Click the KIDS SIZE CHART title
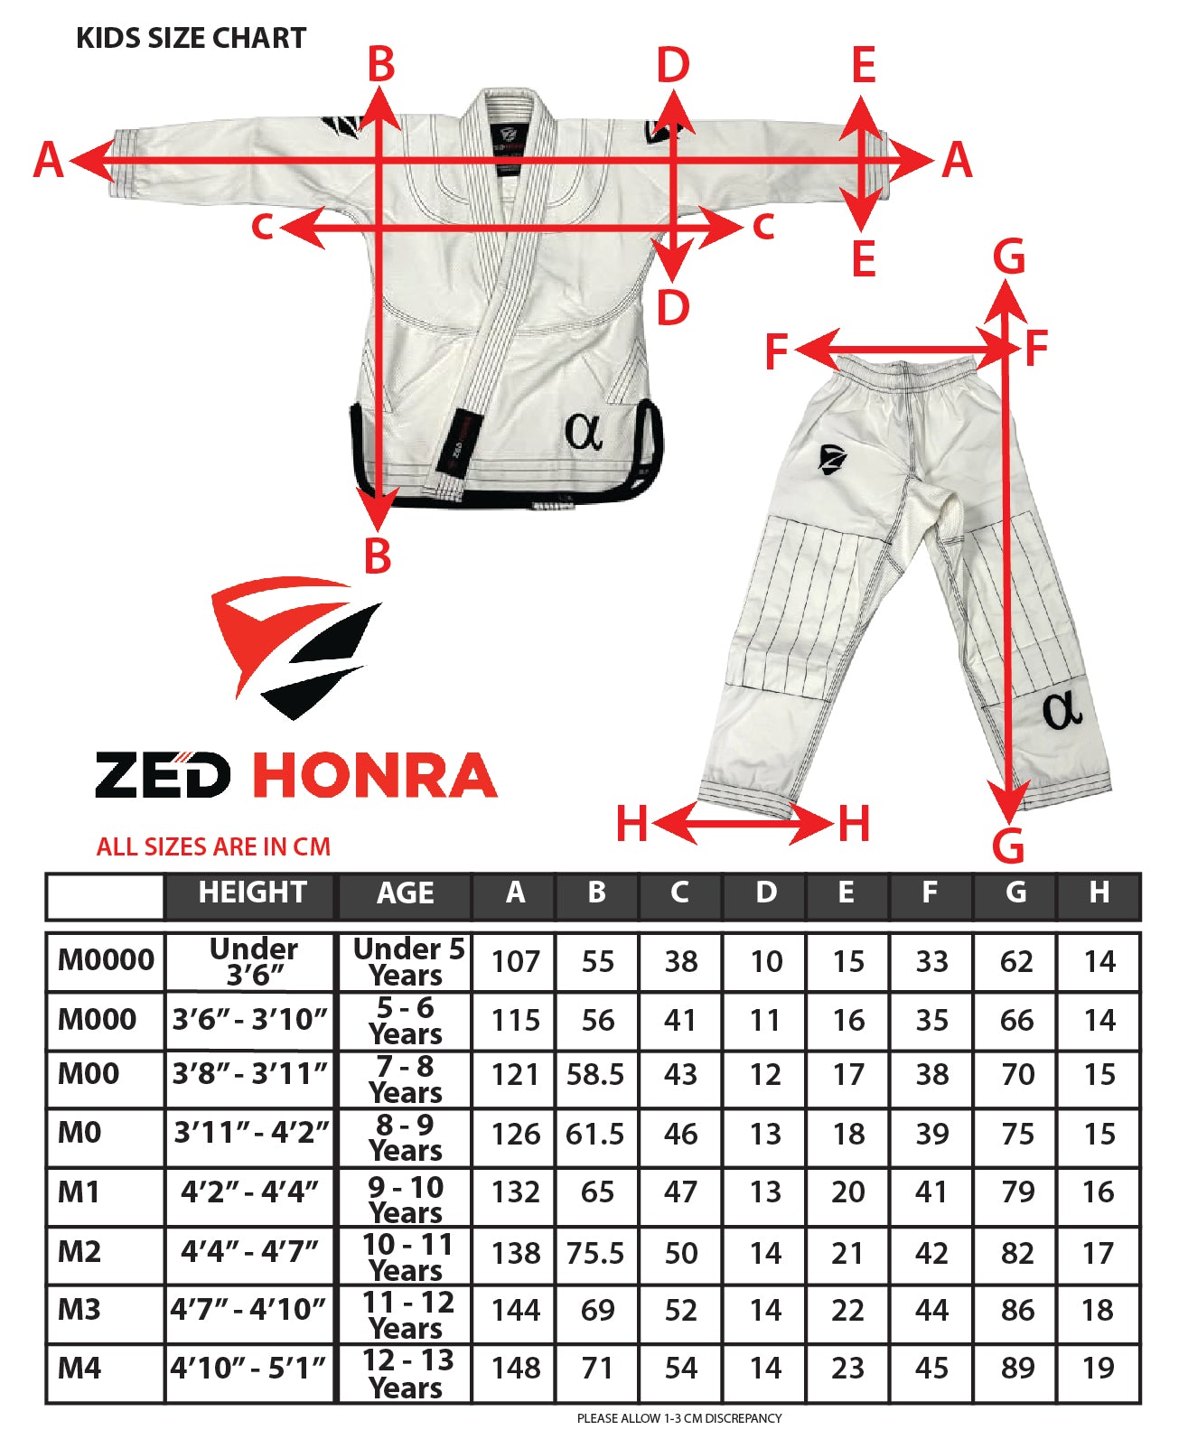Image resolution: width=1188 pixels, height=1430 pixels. tap(191, 38)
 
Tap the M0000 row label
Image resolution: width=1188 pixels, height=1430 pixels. tap(106, 959)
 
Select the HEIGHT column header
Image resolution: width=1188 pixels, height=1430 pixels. tap(252, 893)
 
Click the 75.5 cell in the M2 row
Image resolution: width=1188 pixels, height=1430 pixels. tap(595, 1253)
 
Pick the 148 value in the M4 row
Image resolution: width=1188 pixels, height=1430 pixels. tap(515, 1368)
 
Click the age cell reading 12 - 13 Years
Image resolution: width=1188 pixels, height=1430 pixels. tap(407, 1373)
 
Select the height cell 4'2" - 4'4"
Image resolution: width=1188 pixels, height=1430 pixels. tap(249, 1192)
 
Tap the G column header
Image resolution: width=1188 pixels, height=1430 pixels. tap(1015, 893)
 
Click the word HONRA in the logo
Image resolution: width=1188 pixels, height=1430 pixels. tap(374, 776)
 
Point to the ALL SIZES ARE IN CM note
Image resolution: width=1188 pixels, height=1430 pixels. tap(213, 846)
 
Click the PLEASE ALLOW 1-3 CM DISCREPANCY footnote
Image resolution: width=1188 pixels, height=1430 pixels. tap(678, 1418)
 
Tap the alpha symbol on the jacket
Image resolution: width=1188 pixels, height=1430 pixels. tap(583, 431)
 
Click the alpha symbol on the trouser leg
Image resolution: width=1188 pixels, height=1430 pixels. tap(1062, 710)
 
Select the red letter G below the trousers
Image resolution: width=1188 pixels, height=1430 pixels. tap(1008, 846)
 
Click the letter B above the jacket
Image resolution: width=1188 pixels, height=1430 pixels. tap(381, 65)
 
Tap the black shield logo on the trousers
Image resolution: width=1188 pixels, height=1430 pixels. tap(831, 458)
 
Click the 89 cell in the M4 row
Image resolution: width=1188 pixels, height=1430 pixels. tap(1016, 1368)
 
